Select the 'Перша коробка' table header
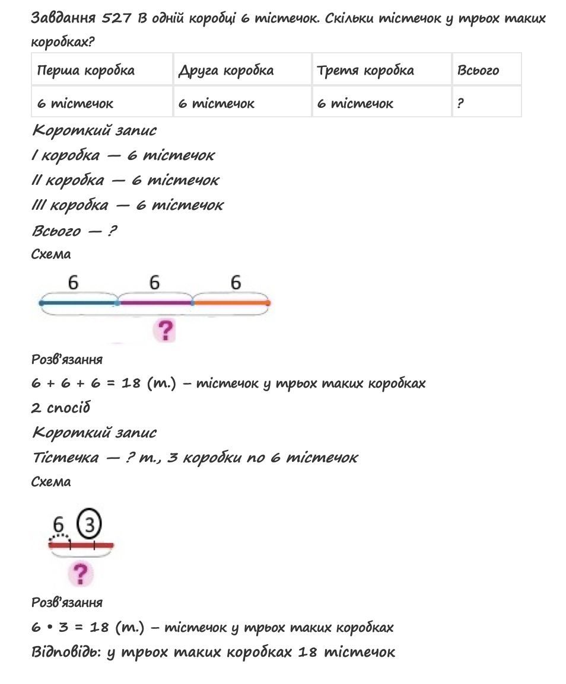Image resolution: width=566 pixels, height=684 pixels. click(x=86, y=71)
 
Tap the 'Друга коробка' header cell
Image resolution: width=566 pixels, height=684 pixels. click(x=226, y=71)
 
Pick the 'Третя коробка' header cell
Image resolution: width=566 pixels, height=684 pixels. click(x=365, y=71)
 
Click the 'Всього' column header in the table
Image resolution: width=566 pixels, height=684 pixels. click(x=478, y=71)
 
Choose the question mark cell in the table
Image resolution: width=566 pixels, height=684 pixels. click(x=460, y=104)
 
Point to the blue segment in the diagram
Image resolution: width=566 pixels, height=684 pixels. click(x=79, y=303)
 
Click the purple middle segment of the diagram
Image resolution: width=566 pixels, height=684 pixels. click(x=155, y=303)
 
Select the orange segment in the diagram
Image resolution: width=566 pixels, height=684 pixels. click(x=231, y=303)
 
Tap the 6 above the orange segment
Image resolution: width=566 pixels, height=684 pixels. click(x=236, y=283)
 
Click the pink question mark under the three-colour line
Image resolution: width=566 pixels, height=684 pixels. click(x=166, y=330)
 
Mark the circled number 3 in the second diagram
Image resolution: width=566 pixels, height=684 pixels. click(x=90, y=524)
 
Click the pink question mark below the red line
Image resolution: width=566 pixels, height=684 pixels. click(x=81, y=573)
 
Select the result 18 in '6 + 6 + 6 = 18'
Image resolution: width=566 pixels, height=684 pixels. click(x=131, y=383)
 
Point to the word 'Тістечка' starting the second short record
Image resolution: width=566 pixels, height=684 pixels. click(x=65, y=458)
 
